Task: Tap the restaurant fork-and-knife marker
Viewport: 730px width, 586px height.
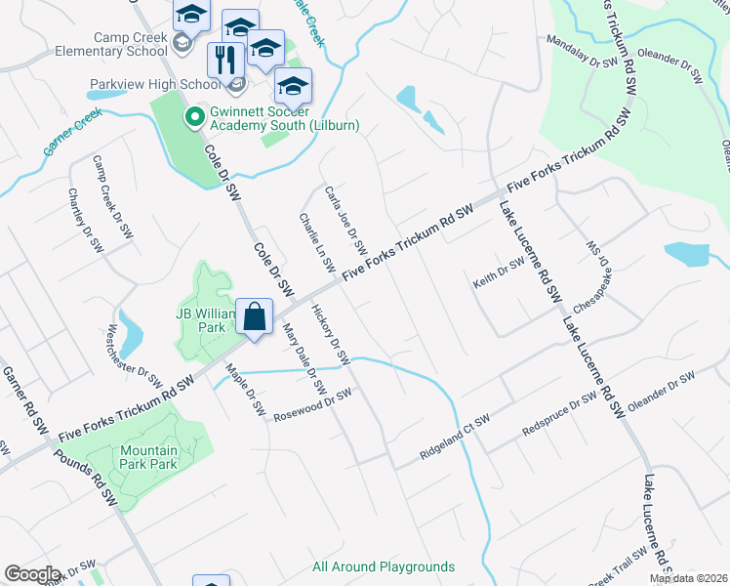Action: pyautogui.click(x=225, y=61)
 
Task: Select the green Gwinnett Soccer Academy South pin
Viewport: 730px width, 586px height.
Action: pyautogui.click(x=194, y=118)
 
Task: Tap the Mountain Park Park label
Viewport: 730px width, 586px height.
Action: pyautogui.click(x=149, y=457)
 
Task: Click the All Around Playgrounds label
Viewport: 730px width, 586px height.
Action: pyautogui.click(x=384, y=566)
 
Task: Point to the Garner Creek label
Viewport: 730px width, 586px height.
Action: pyautogui.click(x=72, y=134)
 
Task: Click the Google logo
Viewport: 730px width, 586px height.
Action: pyautogui.click(x=32, y=574)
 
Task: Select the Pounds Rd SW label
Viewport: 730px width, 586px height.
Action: pyautogui.click(x=85, y=479)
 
